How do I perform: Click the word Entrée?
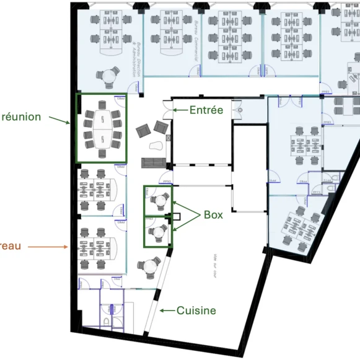(x=206, y=110)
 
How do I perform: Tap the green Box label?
(x=213, y=215)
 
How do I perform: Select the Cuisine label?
(x=196, y=310)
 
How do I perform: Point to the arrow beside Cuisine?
(x=166, y=310)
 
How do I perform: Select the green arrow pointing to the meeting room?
(x=60, y=119)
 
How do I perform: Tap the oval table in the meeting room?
(x=101, y=128)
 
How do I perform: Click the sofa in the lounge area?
(x=153, y=163)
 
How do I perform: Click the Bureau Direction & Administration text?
(x=137, y=60)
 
